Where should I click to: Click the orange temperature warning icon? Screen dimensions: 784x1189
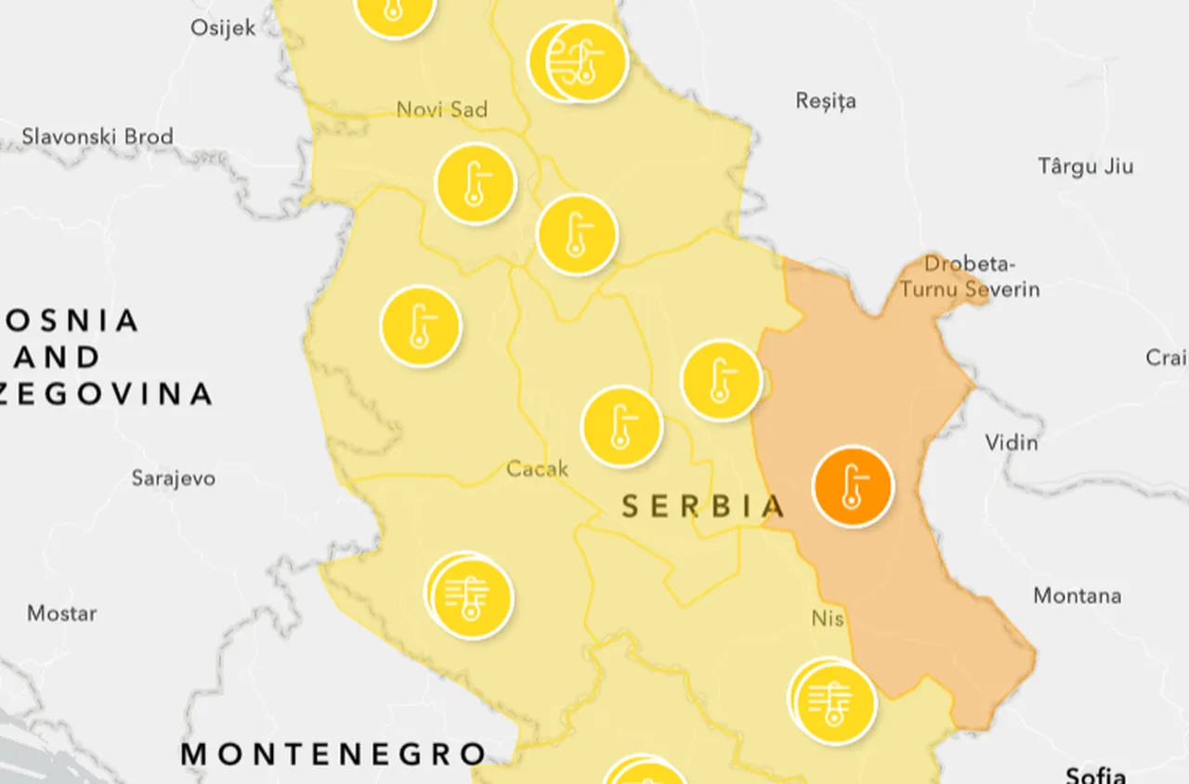(852, 487)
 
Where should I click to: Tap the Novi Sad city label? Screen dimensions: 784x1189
(441, 110)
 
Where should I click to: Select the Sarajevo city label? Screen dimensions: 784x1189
(173, 478)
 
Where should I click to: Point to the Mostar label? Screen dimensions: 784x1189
(61, 613)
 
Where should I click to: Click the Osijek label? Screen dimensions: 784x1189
(223, 27)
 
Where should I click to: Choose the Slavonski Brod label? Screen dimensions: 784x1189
(98, 137)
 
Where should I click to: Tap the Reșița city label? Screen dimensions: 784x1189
(826, 100)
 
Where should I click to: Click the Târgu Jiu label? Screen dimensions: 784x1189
(1085, 166)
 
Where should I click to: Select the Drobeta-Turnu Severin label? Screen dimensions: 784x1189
(969, 277)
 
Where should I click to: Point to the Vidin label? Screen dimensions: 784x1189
(1011, 441)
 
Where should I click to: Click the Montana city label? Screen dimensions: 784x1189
(1077, 595)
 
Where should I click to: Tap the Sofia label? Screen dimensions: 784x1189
(1096, 774)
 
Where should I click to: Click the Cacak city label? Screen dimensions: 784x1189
(537, 469)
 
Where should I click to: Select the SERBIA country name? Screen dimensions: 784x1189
(702, 506)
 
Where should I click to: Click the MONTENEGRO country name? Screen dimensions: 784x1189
(333, 753)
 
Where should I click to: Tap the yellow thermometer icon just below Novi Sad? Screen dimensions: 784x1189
(476, 184)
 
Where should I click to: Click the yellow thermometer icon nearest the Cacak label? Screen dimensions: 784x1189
(621, 426)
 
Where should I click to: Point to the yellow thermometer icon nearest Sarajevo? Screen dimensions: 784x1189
(421, 326)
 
